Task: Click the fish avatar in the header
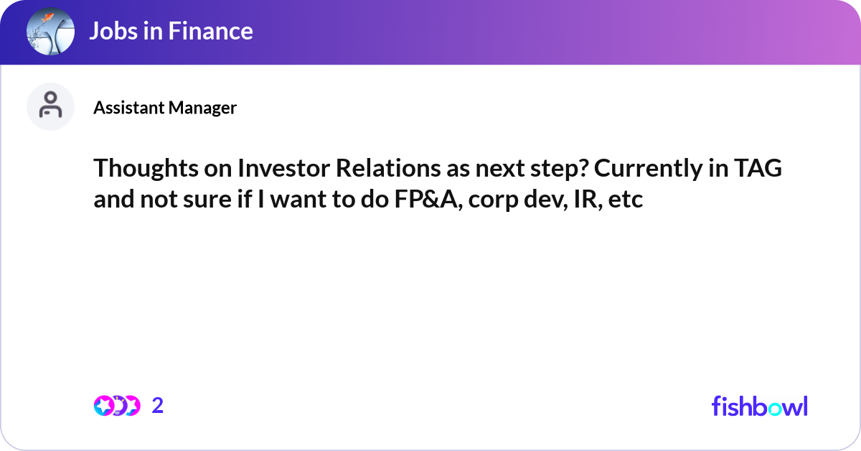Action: click(50, 32)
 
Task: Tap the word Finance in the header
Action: click(212, 31)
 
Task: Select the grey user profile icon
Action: click(50, 106)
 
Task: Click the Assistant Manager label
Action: click(165, 108)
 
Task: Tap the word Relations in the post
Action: click(379, 169)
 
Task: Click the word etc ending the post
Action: click(626, 200)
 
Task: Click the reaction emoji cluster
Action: click(116, 406)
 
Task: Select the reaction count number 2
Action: click(158, 406)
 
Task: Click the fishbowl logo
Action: click(759, 406)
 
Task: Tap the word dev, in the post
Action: click(535, 200)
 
